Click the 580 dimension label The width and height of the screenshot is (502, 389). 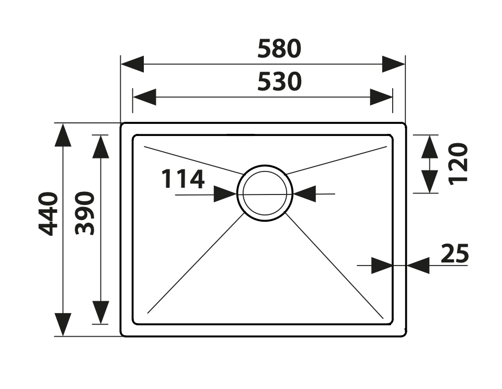[x=279, y=49]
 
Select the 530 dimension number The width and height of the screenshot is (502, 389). [x=279, y=82]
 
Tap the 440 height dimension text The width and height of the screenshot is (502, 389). [x=48, y=214]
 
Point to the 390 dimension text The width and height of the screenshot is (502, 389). [x=85, y=213]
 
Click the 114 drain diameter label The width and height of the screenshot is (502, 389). [x=183, y=179]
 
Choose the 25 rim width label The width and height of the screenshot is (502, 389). [x=454, y=253]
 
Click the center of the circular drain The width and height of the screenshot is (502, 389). [x=265, y=193]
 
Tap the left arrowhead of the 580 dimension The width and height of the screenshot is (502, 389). [x=132, y=64]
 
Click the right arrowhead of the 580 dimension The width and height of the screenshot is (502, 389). [x=394, y=64]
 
